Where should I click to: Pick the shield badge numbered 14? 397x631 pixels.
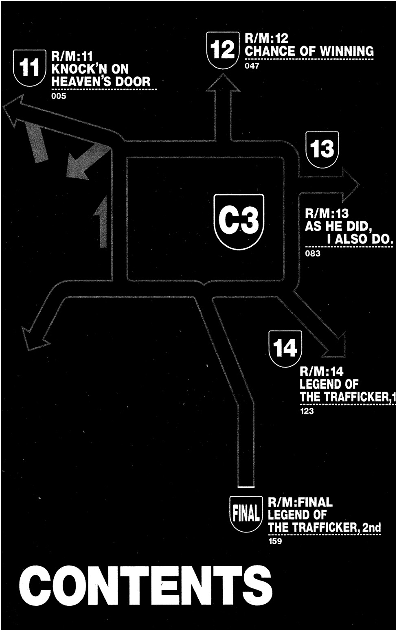pyautogui.click(x=285, y=348)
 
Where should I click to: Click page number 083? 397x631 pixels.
pyautogui.click(x=313, y=254)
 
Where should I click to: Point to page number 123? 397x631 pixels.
pyautogui.click(x=307, y=411)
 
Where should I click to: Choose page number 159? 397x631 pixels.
pyautogui.click(x=275, y=542)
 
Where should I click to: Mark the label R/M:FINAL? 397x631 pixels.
pyautogui.click(x=300, y=502)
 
